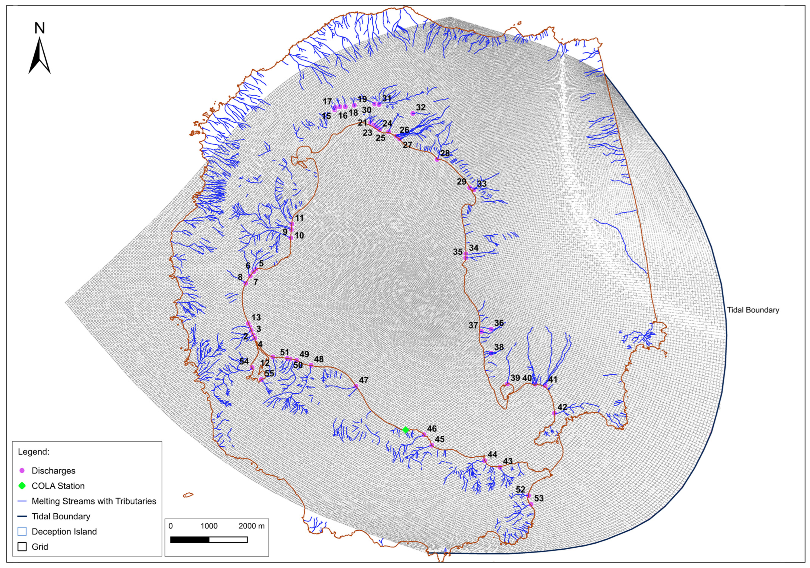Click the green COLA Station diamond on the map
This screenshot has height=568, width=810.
pos(405,430)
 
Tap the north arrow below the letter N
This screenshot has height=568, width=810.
pos(39,56)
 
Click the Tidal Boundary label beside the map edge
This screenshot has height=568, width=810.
pos(753,310)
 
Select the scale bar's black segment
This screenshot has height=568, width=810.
pos(190,540)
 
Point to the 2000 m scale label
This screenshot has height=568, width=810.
pos(251,526)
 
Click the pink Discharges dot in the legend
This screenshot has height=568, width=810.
pos(22,471)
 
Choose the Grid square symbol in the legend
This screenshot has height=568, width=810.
pos(22,547)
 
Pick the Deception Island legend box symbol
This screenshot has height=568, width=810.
pos(22,532)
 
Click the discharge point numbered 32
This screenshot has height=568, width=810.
pos(413,113)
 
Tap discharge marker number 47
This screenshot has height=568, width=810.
pos(356,386)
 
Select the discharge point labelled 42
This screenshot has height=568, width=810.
pos(554,413)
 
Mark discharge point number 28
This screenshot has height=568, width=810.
pos(437,159)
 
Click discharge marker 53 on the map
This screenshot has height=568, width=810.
pos(531,504)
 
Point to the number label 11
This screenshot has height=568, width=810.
pos(300,218)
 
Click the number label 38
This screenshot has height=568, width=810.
pos(499,347)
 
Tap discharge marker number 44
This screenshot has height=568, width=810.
pos(484,460)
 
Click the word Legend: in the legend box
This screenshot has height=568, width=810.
pos(33,452)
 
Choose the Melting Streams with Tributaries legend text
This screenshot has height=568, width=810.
pos(94,501)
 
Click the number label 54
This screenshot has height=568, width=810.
pos(244,361)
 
